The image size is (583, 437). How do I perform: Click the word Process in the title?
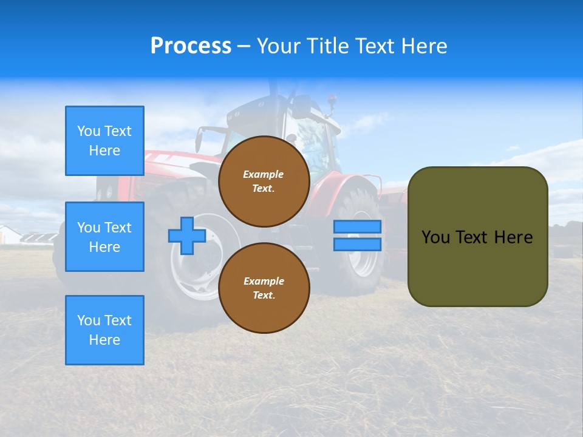pos(191,46)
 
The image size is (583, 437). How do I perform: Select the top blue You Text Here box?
pos(104,141)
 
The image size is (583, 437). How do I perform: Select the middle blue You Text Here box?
pos(104,237)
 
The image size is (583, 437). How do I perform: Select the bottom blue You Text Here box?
pos(104,330)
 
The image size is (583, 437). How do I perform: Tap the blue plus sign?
pos(187,235)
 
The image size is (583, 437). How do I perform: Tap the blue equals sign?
pos(357,235)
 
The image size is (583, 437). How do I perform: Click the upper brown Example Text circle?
pos(264,181)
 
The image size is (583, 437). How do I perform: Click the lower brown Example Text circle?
pos(264,288)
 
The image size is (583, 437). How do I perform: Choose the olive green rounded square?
pos(477,237)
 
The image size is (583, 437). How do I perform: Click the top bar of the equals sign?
pos(357,226)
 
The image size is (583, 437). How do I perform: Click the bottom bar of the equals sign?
pos(357,245)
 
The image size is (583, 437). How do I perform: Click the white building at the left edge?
pos(9,235)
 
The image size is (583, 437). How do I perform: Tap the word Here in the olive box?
pos(513,237)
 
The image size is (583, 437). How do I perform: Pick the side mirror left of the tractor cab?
pos(199,140)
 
